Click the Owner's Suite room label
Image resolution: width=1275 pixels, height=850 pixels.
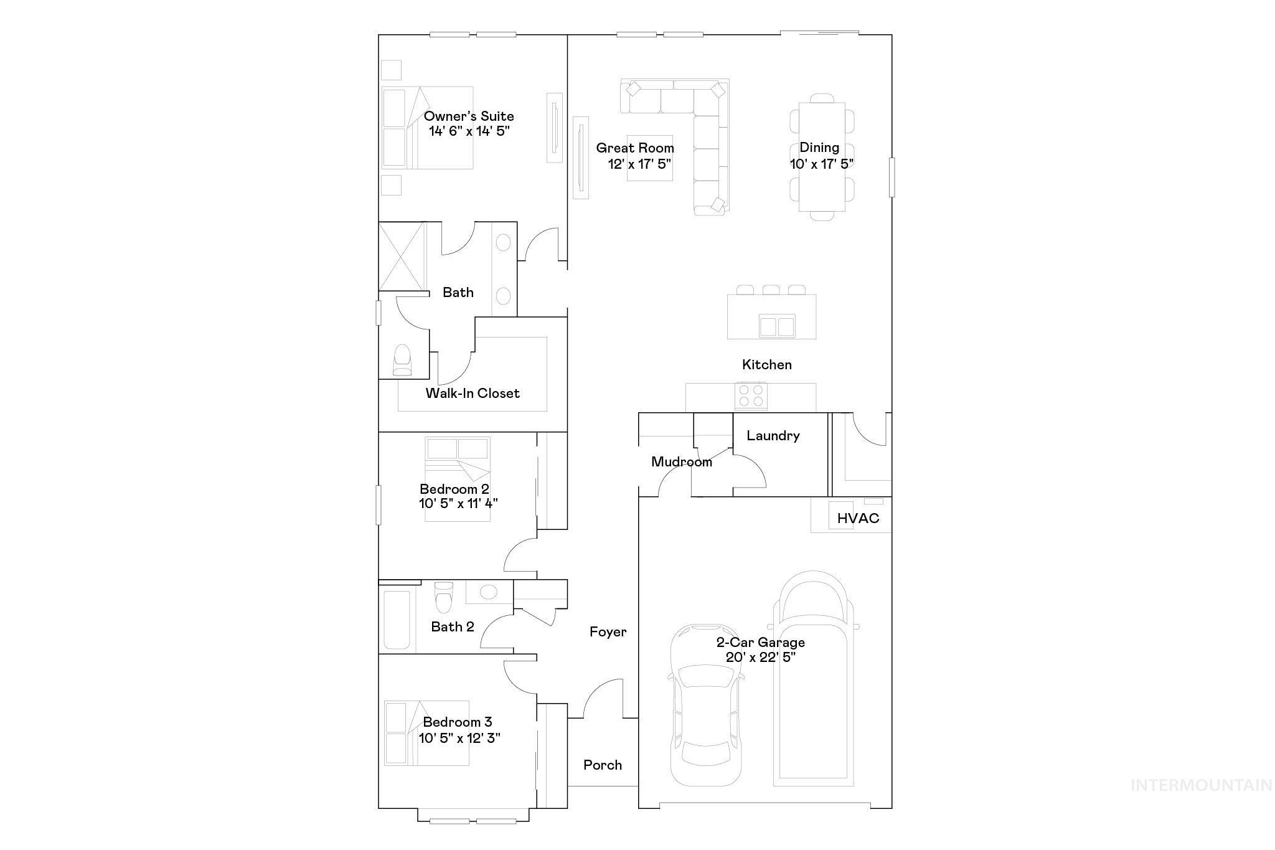point(469,116)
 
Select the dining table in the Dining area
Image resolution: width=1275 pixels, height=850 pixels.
point(822,157)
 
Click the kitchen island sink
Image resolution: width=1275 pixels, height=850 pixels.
point(777,326)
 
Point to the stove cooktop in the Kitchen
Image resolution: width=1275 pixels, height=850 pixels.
point(751,395)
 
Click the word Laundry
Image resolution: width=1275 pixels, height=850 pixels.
point(773,435)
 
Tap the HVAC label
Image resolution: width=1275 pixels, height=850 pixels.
point(858,518)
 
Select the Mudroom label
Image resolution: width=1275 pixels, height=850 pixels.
point(681,462)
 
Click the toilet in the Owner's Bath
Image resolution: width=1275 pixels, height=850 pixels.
point(403,361)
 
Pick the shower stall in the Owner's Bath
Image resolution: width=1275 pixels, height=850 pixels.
point(402,255)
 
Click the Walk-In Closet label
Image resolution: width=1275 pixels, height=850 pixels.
point(473,393)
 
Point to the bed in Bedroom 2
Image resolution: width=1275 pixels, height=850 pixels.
point(458,478)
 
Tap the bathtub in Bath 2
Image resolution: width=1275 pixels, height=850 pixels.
point(397,619)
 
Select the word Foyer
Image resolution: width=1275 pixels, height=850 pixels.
point(608,632)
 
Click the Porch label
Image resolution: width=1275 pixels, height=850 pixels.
point(603,765)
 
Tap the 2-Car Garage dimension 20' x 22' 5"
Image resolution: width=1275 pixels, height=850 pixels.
point(760,657)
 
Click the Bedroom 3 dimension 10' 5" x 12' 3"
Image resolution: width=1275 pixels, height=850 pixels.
point(459,738)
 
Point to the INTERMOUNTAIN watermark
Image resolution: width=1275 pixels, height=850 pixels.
point(1201,785)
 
